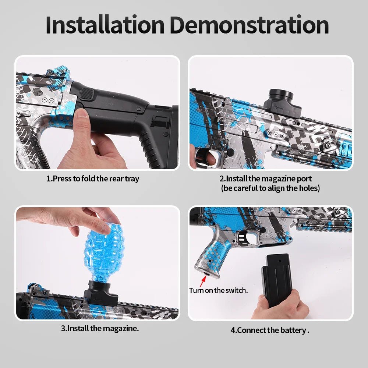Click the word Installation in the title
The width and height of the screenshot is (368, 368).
click(x=105, y=25)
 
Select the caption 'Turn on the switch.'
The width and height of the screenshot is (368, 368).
click(x=218, y=290)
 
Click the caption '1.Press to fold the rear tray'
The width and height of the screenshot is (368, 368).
click(x=93, y=179)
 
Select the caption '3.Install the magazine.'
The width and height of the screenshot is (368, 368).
click(x=100, y=328)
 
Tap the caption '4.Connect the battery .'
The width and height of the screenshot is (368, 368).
click(x=270, y=330)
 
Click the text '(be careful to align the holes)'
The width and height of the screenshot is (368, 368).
click(x=270, y=188)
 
